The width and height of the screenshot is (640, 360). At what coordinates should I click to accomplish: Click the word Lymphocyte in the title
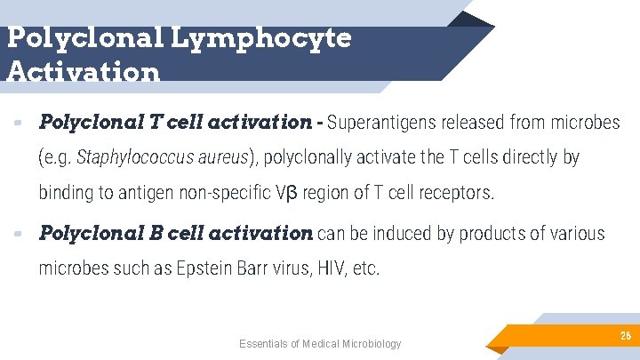pos(259,37)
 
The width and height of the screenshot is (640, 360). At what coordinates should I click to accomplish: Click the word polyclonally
pos(314,157)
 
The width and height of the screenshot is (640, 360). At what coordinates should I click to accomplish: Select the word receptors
pos(462,193)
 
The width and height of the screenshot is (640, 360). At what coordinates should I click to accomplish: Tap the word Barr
pos(265,269)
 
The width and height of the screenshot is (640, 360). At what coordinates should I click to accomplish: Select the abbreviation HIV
pos(328,269)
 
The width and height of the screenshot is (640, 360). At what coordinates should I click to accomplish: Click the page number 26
pos(625,336)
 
